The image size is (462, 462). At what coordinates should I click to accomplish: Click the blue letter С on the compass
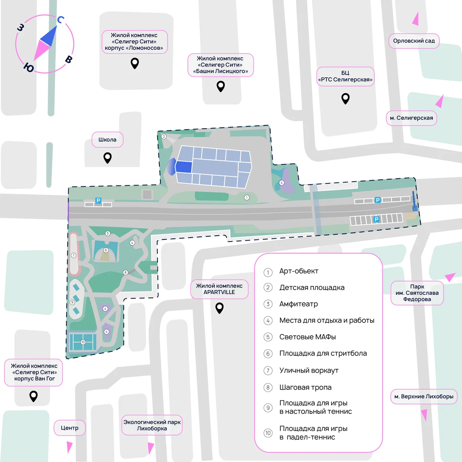pyautogui.click(x=61, y=20)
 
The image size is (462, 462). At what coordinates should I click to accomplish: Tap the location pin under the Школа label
pyautogui.click(x=107, y=158)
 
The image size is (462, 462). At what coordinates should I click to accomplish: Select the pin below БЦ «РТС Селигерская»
pyautogui.click(x=345, y=99)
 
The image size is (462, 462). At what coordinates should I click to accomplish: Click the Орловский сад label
pyautogui.click(x=414, y=41)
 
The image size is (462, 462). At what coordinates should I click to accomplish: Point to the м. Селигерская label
pyautogui.click(x=411, y=118)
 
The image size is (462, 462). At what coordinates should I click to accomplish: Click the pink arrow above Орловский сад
pyautogui.click(x=416, y=19)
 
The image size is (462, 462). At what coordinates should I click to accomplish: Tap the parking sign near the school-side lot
pyautogui.click(x=98, y=201)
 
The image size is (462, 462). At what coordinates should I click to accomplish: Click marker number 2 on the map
pyautogui.click(x=164, y=136)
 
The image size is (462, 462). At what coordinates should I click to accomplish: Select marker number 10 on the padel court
pyautogui.click(x=83, y=342)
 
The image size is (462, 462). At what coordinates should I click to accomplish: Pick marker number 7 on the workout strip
pyautogui.click(x=74, y=256)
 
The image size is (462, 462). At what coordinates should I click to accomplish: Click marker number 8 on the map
pyautogui.click(x=126, y=272)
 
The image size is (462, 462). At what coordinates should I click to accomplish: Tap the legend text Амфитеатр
pyautogui.click(x=298, y=304)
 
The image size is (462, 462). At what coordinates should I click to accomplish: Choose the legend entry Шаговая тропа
pyautogui.click(x=305, y=387)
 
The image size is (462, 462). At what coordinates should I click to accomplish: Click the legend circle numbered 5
pyautogui.click(x=268, y=337)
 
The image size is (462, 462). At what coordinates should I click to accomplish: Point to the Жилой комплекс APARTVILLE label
pyautogui.click(x=219, y=289)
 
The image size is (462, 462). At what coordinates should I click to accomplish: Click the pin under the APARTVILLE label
pyautogui.click(x=219, y=308)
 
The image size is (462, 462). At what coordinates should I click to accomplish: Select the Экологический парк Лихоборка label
pyautogui.click(x=152, y=425)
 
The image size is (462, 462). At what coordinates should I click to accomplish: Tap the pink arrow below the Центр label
pyautogui.click(x=69, y=447)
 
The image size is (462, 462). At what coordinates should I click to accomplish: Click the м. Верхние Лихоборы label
pyautogui.click(x=423, y=397)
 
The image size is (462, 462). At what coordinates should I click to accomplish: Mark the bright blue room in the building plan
pyautogui.click(x=184, y=167)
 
